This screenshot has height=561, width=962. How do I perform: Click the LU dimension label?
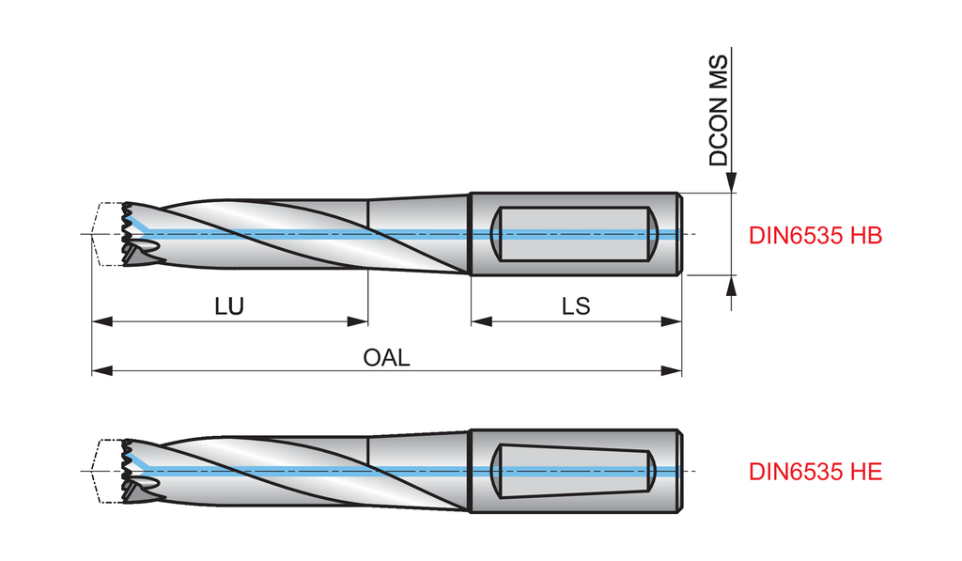pos(229,306)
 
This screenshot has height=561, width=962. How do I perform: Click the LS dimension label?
pos(576,306)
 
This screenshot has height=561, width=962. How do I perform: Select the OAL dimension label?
pos(386,358)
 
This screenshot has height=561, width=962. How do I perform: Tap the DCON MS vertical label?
pos(719,111)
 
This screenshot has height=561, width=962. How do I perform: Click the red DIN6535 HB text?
pos(815,236)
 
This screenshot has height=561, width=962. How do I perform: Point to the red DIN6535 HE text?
pos(815,472)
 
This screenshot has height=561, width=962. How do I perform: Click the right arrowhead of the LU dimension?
pos(358,321)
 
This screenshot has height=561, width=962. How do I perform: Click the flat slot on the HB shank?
pos(574,234)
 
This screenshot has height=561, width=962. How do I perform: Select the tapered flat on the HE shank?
pos(574,470)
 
